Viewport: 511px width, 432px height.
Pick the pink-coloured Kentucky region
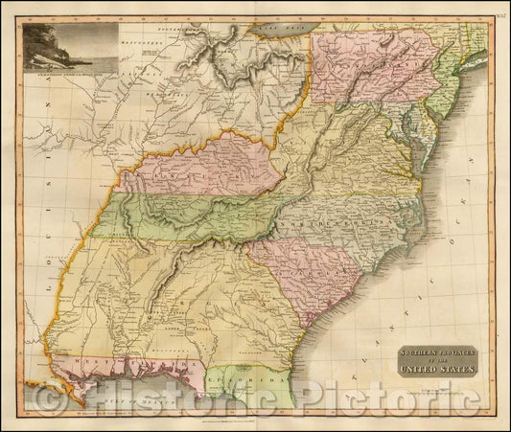coord(206,168)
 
